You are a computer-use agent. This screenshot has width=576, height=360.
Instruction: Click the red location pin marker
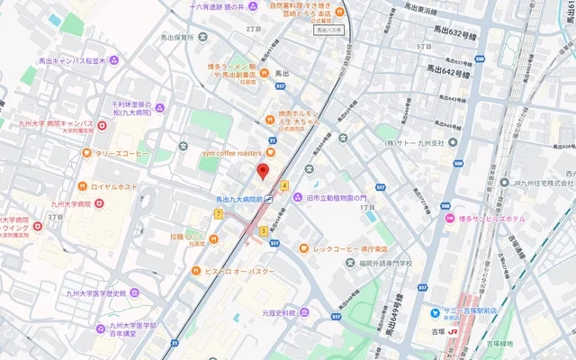tap(263, 171)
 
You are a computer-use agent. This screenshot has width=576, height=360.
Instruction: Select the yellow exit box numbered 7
tap(219, 213)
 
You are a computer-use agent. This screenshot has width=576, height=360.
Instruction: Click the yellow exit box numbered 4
tap(285, 185)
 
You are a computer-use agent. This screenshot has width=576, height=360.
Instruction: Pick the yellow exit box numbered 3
tap(263, 231)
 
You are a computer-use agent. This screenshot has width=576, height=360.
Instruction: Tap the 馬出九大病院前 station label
tap(238, 199)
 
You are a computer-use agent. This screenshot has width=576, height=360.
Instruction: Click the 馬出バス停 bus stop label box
tap(332, 30)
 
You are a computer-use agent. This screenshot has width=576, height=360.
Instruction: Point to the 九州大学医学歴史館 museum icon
tap(134, 292)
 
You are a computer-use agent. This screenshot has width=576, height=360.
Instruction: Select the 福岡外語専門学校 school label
tap(382, 264)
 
